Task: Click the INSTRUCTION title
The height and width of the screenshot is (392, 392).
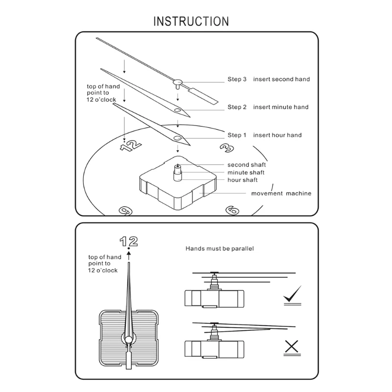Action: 191,22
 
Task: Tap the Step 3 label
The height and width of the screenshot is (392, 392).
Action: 237,79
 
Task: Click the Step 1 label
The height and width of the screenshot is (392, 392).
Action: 237,135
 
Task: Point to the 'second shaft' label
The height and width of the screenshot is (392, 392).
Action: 246,165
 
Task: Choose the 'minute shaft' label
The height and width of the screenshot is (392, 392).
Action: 246,172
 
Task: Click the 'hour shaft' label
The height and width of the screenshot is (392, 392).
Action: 243,180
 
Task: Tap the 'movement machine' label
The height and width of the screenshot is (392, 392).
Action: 281,193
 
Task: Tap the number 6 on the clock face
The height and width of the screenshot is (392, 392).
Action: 232,210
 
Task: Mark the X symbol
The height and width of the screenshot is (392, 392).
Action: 292,347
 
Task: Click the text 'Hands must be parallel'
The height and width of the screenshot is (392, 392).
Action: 220,249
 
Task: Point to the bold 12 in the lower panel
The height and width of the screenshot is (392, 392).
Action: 129,241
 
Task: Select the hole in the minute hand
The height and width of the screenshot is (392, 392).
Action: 177,110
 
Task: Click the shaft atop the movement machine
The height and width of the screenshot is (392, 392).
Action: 177,172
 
